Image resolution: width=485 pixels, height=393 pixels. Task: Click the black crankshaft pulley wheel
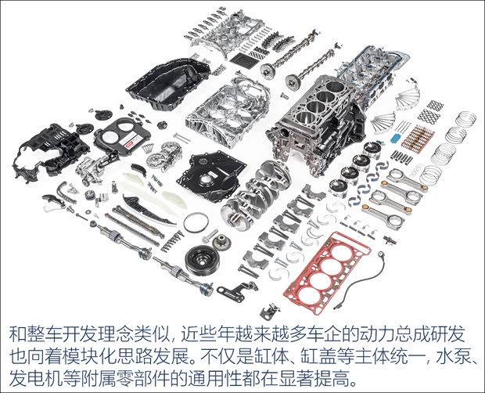203,260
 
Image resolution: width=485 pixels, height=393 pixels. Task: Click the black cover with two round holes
123,136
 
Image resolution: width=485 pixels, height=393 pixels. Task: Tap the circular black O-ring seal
196,222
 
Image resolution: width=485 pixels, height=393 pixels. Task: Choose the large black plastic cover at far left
50,152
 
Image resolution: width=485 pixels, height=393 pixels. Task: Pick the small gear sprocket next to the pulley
222,243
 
